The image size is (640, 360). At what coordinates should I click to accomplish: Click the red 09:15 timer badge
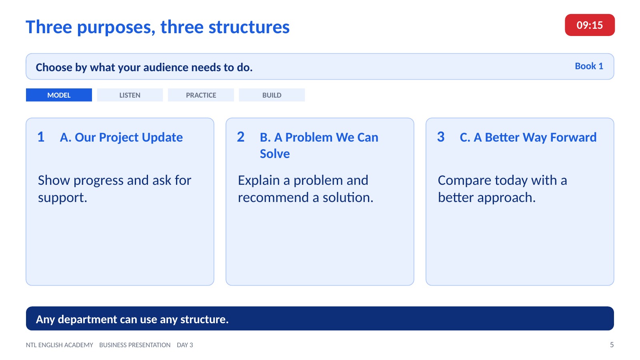pyautogui.click(x=590, y=25)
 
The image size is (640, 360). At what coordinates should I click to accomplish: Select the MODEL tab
pyautogui.click(x=59, y=95)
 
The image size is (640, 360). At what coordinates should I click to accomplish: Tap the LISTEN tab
pyautogui.click(x=130, y=95)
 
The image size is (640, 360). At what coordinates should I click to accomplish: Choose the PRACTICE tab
pyautogui.click(x=201, y=95)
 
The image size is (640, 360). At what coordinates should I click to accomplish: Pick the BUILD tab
pyautogui.click(x=272, y=95)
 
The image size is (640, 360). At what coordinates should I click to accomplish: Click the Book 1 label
pyautogui.click(x=589, y=66)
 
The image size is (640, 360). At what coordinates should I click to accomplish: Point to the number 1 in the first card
pyautogui.click(x=41, y=137)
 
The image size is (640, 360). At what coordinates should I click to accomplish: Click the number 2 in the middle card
pyautogui.click(x=240, y=137)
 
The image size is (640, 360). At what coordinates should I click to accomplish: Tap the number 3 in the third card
pyautogui.click(x=441, y=137)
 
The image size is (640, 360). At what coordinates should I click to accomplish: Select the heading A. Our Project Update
pyautogui.click(x=121, y=138)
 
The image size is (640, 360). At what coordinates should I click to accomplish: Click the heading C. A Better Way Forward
pyautogui.click(x=528, y=138)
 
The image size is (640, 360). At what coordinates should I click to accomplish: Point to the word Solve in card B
pyautogui.click(x=274, y=154)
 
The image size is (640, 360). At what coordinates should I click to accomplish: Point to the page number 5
pyautogui.click(x=612, y=345)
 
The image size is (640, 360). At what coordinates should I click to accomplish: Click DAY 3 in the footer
pyautogui.click(x=185, y=345)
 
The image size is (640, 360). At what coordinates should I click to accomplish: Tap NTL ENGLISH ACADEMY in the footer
pyautogui.click(x=60, y=345)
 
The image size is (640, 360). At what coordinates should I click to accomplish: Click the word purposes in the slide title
pyautogui.click(x=116, y=28)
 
